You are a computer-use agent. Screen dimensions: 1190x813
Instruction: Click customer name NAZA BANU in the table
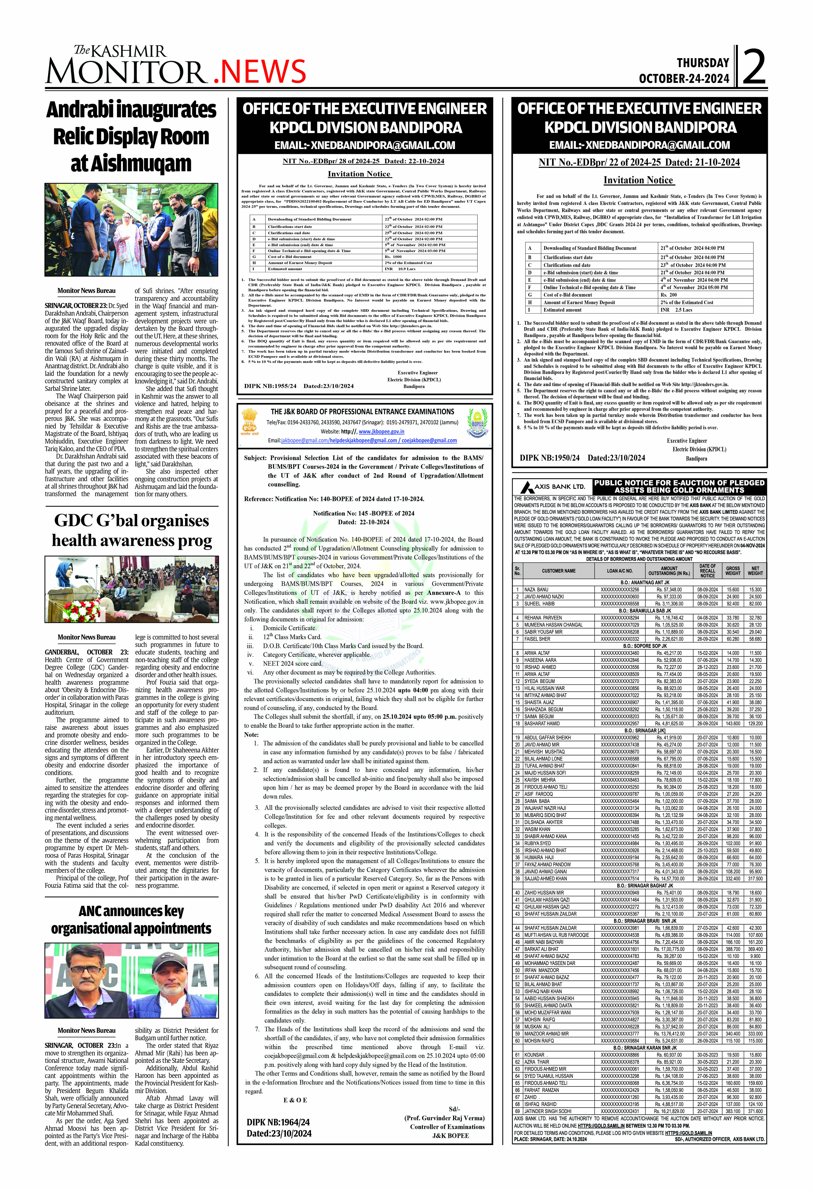536,589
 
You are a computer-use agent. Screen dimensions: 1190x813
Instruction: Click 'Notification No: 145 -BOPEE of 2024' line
364,513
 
